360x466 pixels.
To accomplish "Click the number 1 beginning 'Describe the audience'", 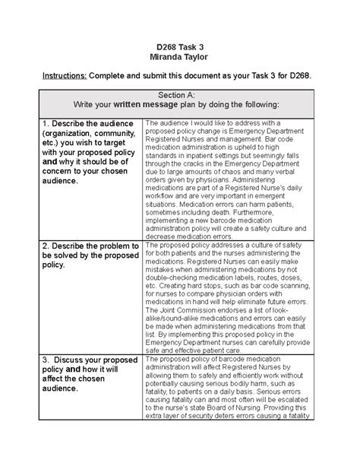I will pyautogui.click(x=46, y=122).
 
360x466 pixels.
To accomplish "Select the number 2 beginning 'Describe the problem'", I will pyautogui.click(x=46, y=246).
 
